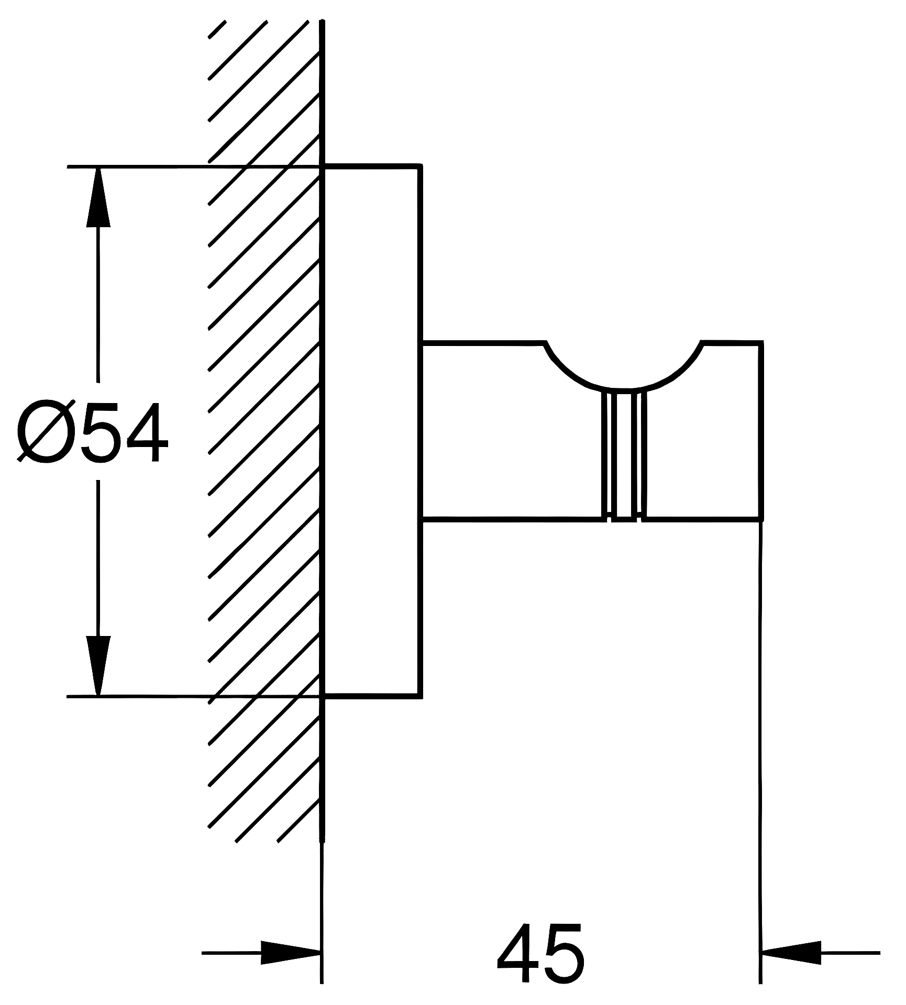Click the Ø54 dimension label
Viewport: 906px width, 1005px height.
coord(92,431)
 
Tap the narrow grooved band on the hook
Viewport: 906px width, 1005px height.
coord(625,455)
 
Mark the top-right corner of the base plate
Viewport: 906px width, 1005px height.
coord(421,166)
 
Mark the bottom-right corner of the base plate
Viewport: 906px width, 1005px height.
coord(421,696)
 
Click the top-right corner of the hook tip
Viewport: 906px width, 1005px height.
coord(760,343)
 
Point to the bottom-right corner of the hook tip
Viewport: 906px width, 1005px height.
coord(760,520)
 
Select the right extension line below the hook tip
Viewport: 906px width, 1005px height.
coord(760,733)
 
